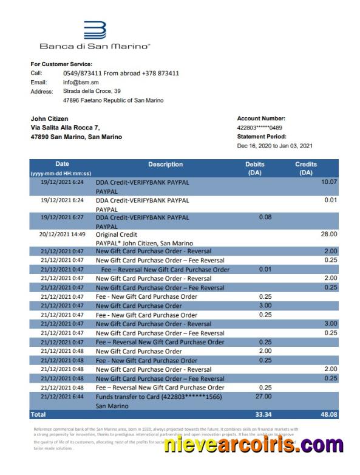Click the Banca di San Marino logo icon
point(95,30)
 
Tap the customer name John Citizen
point(50,118)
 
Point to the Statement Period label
point(261,137)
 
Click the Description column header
point(165,165)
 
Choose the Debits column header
point(254,168)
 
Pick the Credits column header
point(306,168)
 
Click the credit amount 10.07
point(328,182)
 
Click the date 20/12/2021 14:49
point(63,234)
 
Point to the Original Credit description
point(117,234)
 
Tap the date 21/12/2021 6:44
point(63,397)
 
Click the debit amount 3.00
point(265,306)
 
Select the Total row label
point(38,414)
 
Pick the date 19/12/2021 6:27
point(63,217)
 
